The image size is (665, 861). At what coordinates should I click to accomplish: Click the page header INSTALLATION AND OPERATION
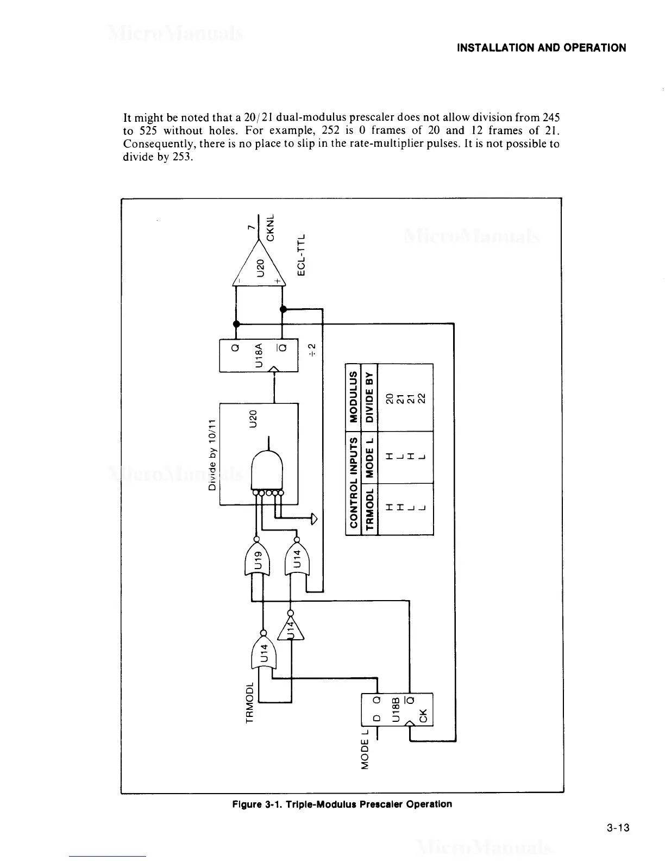coord(541,48)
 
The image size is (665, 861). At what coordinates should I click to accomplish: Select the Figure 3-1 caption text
coord(342,804)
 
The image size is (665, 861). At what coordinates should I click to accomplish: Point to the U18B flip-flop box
coord(397,709)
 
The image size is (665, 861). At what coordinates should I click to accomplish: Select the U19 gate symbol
coord(260,558)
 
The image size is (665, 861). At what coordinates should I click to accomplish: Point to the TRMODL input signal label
coord(250,701)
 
